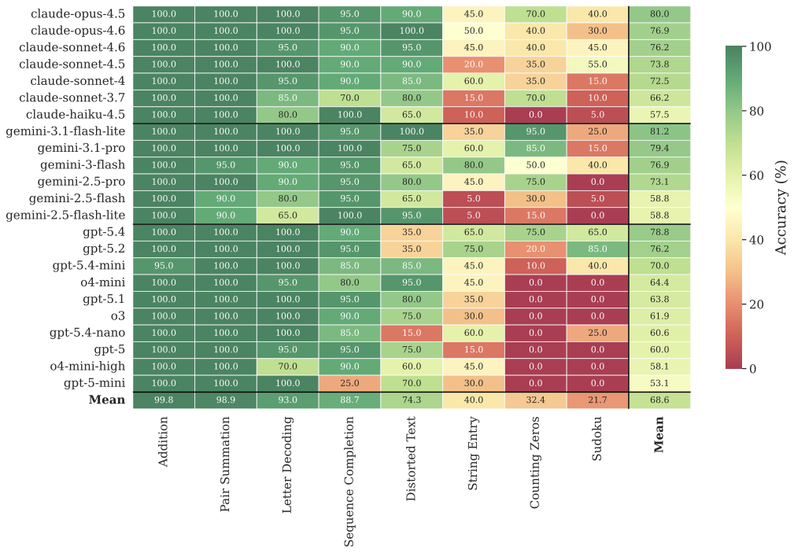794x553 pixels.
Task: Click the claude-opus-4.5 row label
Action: click(x=77, y=13)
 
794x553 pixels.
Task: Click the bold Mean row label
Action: click(x=107, y=400)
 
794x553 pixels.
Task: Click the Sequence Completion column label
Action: click(x=349, y=481)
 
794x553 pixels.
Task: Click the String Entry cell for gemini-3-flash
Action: click(x=473, y=165)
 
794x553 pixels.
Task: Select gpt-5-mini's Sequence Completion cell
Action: click(x=349, y=383)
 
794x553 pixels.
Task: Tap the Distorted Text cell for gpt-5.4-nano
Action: click(x=411, y=333)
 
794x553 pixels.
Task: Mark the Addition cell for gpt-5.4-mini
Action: click(x=163, y=266)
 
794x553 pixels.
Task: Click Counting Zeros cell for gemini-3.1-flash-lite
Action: click(x=535, y=131)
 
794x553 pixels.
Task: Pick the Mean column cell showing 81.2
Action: click(x=659, y=131)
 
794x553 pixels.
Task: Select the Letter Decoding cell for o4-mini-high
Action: click(x=287, y=367)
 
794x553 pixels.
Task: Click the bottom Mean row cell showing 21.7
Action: click(x=597, y=400)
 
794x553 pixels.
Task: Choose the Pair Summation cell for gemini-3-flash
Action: click(x=225, y=165)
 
